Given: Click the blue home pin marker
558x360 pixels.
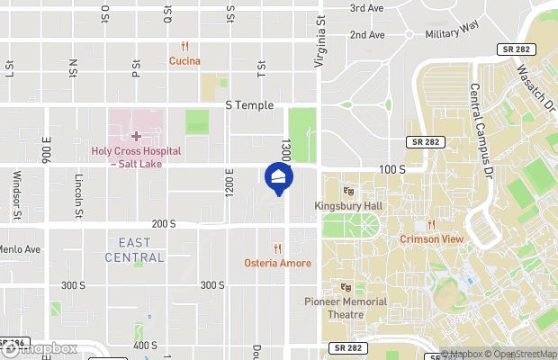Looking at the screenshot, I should [279, 177].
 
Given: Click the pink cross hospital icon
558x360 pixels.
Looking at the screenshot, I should [136, 136].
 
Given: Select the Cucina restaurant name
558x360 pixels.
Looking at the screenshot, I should [184, 61].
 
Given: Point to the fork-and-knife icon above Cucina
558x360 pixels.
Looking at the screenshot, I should [184, 46].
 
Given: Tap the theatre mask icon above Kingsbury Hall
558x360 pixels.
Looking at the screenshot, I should [348, 191].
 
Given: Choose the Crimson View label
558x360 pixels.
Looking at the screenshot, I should [432, 239].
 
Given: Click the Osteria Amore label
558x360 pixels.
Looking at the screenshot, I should [277, 263].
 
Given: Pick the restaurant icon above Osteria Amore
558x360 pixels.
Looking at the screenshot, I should [277, 248].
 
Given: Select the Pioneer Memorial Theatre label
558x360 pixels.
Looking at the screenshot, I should [346, 308].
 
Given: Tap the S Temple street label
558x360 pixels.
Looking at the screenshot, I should [248, 105].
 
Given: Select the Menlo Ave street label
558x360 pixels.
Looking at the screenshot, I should [20, 249].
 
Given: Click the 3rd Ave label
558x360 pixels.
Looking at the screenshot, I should [367, 8].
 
